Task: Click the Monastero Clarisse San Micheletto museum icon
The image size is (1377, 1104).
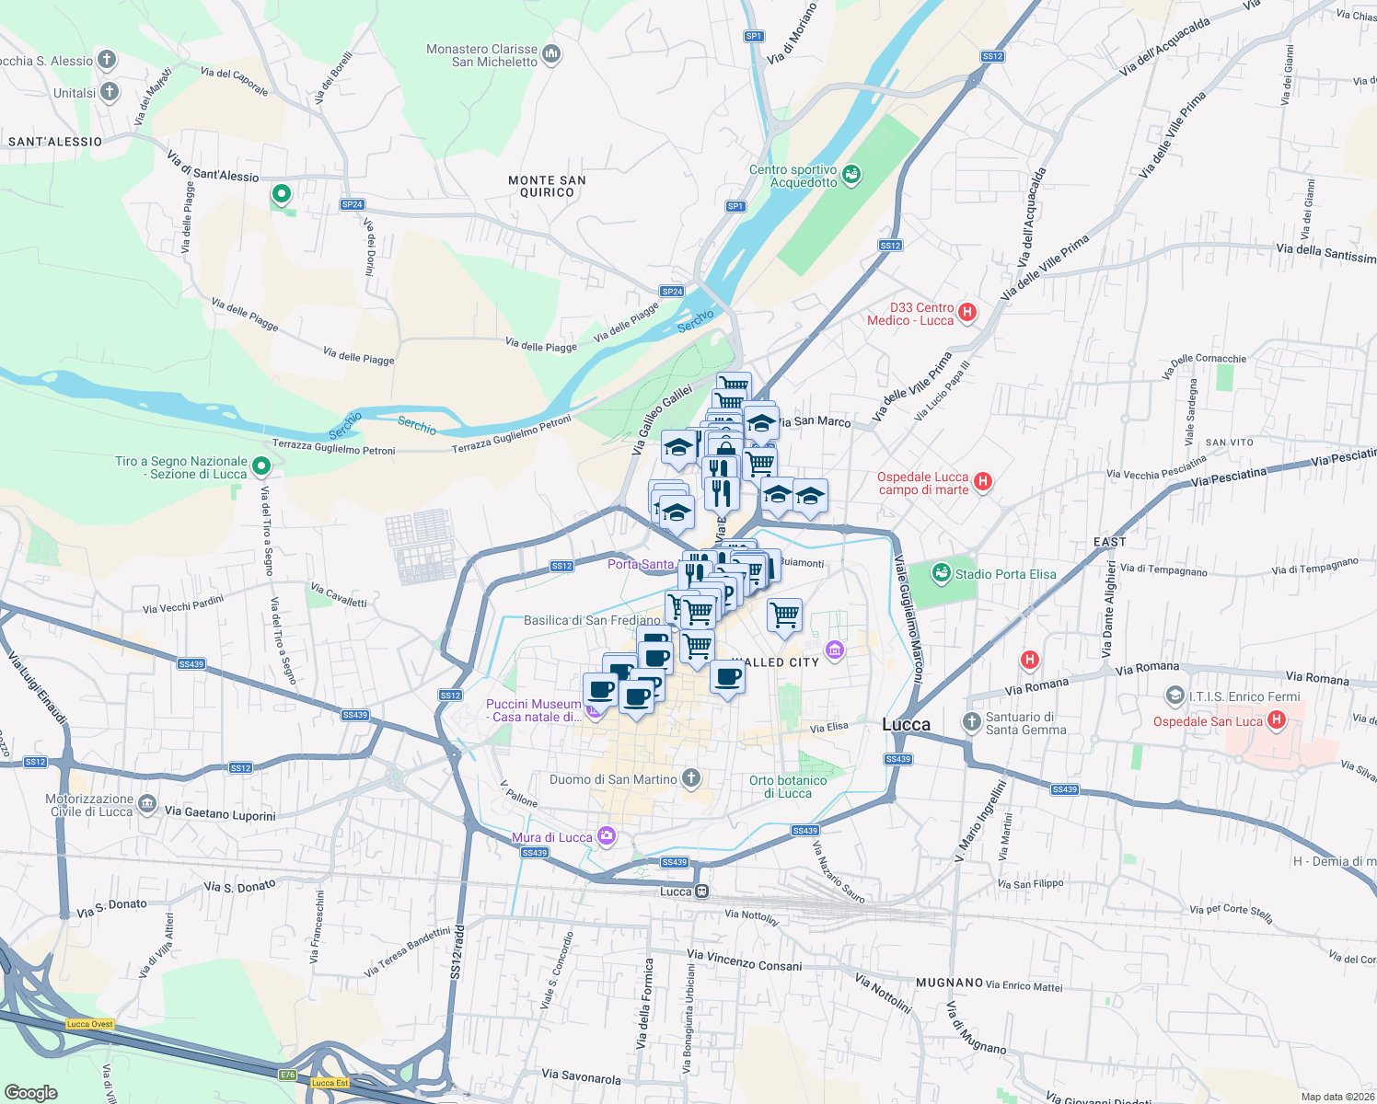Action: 551,54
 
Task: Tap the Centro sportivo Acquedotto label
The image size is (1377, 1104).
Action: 793,176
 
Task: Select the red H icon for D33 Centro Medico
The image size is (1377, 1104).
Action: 966,312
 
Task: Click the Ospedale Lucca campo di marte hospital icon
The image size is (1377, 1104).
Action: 982,481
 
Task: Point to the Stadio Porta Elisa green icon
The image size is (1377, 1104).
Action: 940,573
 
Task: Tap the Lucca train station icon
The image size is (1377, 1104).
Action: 701,891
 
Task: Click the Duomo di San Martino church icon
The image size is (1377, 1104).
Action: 690,778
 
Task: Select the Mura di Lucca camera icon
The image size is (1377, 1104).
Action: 606,835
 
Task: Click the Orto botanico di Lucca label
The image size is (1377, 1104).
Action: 788,787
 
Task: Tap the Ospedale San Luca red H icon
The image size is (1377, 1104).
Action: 1276,720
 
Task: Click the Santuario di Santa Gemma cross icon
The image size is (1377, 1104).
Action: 971,721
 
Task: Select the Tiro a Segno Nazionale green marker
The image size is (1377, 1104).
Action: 261,466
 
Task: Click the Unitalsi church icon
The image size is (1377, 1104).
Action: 110,91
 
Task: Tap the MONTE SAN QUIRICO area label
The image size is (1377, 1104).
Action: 547,186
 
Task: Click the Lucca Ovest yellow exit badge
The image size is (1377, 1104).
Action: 90,1024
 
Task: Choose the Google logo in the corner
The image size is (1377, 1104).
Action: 31,1092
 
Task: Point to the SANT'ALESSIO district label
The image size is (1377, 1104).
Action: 55,142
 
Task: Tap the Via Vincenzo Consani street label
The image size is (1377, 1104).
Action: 745,960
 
